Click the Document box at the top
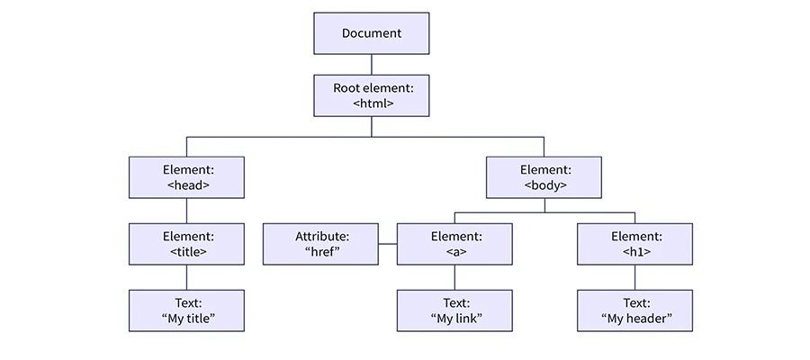pyautogui.click(x=372, y=33)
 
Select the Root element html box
pyautogui.click(x=372, y=95)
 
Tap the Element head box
pyautogui.click(x=186, y=177)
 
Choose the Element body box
pyautogui.click(x=544, y=177)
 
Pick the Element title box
pyautogui.click(x=186, y=244)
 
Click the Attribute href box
pyautogui.click(x=320, y=244)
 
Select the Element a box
pyautogui.click(x=454, y=244)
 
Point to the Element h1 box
pyautogui.click(x=634, y=244)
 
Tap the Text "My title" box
pyautogui.click(x=186, y=310)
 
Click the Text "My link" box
pyautogui.click(x=454, y=310)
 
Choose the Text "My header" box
pyautogui.click(x=634, y=310)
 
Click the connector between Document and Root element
pyautogui.click(x=372, y=65)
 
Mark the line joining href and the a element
pyautogui.click(x=388, y=244)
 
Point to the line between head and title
pyautogui.click(x=186, y=211)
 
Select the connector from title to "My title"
pyautogui.click(x=186, y=277)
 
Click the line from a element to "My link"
pyautogui.click(x=454, y=277)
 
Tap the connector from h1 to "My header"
pyautogui.click(x=634, y=277)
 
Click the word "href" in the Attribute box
pyautogui.click(x=321, y=252)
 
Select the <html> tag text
pyautogui.click(x=372, y=103)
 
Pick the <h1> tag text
pyautogui.click(x=634, y=252)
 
